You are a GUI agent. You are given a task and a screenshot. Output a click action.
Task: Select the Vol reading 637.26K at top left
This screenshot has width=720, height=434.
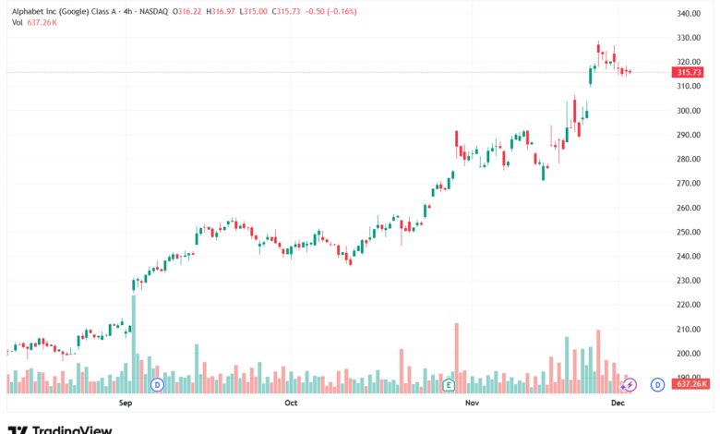pyautogui.click(x=42, y=23)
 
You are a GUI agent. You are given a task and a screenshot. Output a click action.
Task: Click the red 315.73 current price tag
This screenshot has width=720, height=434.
pyautogui.click(x=689, y=72)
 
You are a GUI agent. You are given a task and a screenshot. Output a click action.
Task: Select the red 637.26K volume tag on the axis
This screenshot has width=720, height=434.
pyautogui.click(x=690, y=384)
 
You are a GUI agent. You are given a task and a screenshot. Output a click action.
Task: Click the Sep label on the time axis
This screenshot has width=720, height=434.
pyautogui.click(x=126, y=404)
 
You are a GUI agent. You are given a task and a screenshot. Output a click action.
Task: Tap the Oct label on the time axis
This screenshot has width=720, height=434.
pyautogui.click(x=291, y=404)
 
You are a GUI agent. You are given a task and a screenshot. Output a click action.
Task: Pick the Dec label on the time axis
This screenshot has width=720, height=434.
pyautogui.click(x=618, y=404)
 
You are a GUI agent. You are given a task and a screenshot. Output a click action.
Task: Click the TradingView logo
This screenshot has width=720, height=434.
pyautogui.click(x=60, y=428)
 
